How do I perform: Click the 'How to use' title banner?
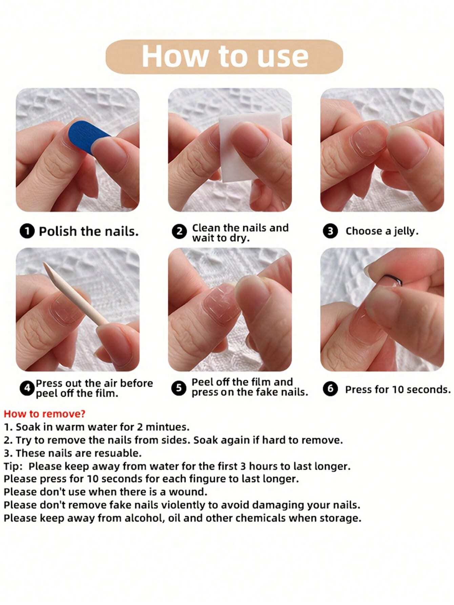(224, 56)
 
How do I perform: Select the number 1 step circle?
(27, 231)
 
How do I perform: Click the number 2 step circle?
(179, 232)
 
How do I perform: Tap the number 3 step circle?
(330, 231)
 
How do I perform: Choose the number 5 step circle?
(179, 388)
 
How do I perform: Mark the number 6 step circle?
(330, 388)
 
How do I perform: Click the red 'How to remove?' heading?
(44, 414)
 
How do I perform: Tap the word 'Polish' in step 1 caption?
(58, 231)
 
